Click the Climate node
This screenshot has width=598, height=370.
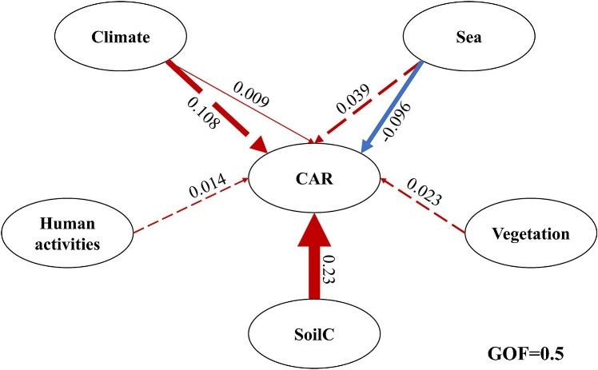[x=111, y=37]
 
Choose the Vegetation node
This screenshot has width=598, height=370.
[x=530, y=234]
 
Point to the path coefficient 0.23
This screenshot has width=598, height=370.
[x=329, y=268]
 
